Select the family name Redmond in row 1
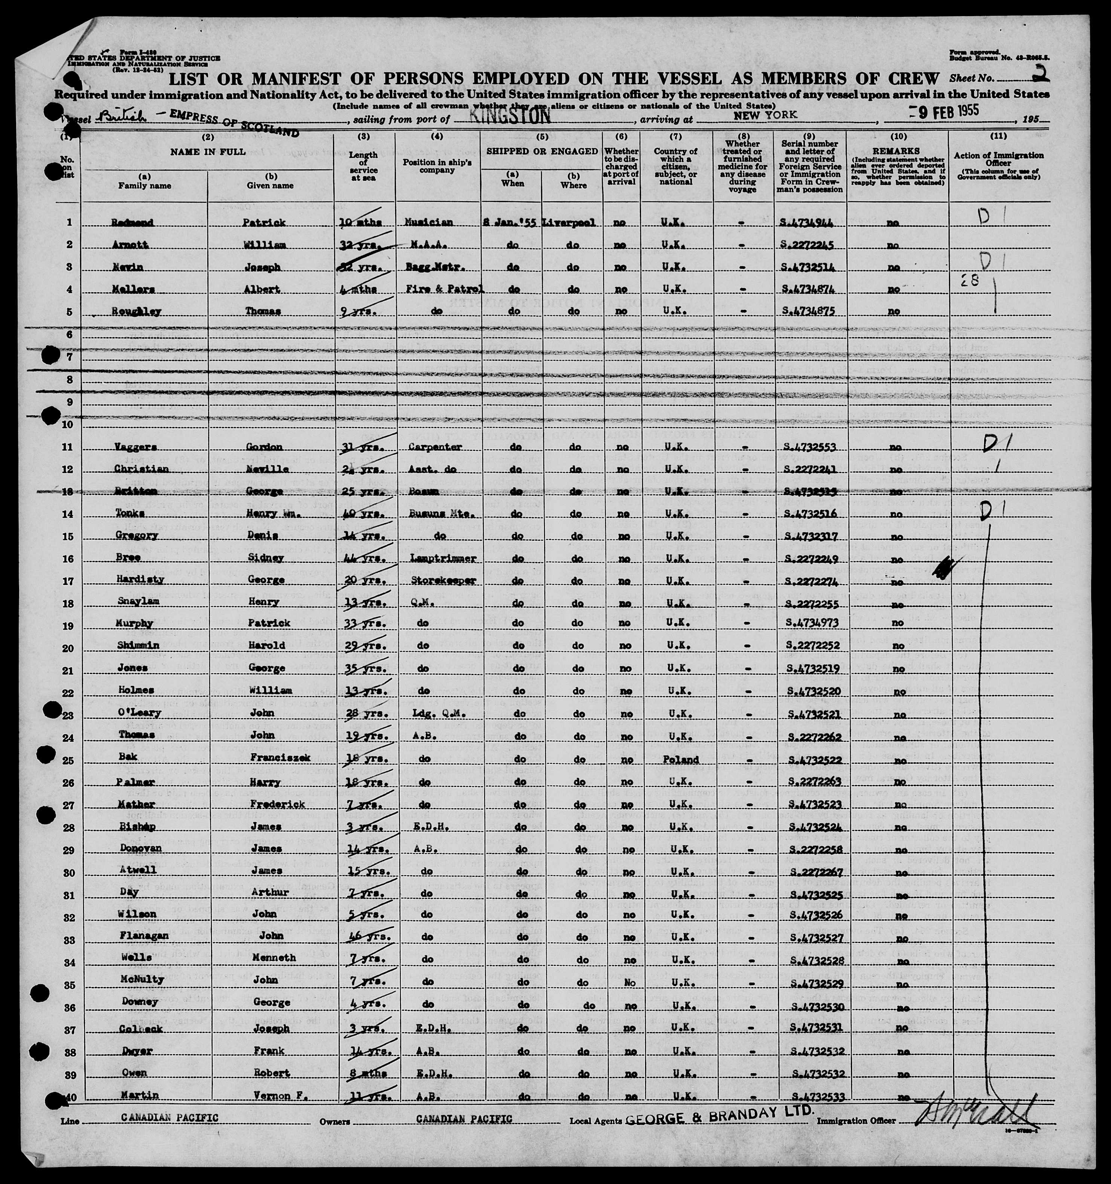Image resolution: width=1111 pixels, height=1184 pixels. pyautogui.click(x=132, y=223)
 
